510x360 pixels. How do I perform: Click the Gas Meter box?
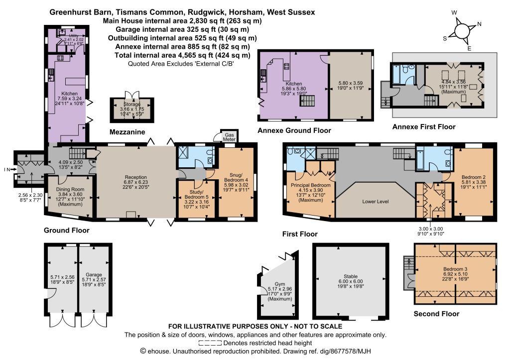(229, 136)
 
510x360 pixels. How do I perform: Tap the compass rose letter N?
(479, 24)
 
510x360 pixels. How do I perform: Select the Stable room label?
(351, 276)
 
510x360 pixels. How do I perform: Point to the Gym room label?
(280, 284)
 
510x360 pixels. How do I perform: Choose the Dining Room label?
(70, 189)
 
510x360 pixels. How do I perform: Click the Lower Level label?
(376, 201)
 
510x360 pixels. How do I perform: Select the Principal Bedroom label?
(311, 185)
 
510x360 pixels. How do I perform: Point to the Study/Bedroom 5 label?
(196, 195)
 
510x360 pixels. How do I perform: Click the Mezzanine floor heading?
(127, 132)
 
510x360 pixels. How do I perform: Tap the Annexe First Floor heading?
(424, 127)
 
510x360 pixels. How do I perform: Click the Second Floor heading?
(436, 314)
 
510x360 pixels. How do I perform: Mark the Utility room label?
(74, 35)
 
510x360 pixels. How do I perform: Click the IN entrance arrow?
(12, 169)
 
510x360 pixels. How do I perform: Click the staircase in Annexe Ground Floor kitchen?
(307, 101)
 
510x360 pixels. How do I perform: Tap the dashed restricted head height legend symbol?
(210, 343)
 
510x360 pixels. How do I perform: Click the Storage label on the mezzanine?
(131, 105)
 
